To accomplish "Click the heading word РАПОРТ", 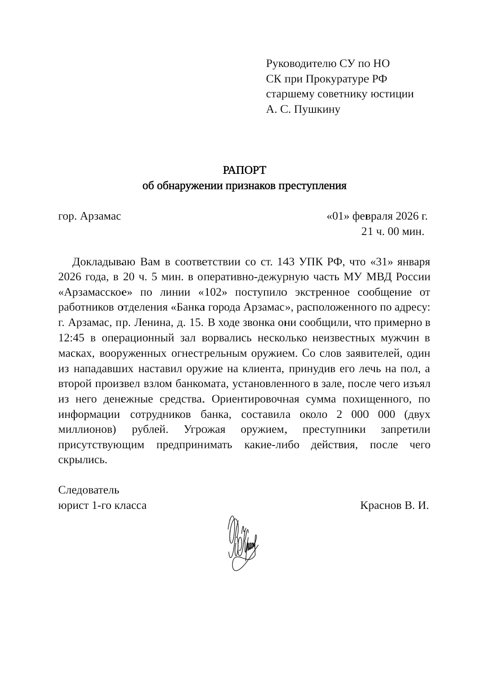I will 244,170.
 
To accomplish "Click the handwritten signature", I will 243,542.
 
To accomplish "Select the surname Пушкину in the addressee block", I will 316,109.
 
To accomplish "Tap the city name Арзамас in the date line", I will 101,216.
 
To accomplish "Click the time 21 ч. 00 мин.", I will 393,231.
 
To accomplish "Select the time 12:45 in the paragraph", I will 72,338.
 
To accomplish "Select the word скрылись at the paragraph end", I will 83,460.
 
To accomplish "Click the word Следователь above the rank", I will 89,490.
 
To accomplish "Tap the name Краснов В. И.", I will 394,505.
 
